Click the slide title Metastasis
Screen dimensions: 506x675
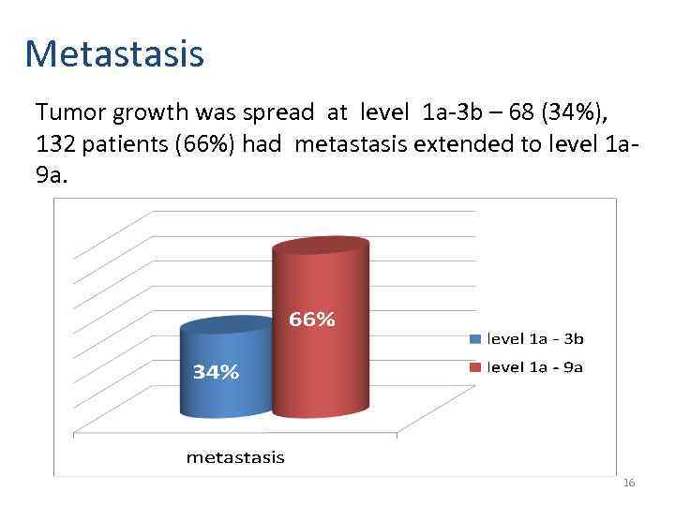click(x=114, y=53)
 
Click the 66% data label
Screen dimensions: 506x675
click(x=311, y=320)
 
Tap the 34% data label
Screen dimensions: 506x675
click(x=216, y=372)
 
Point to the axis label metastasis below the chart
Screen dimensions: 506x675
click(x=234, y=457)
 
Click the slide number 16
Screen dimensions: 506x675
click(x=628, y=483)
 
